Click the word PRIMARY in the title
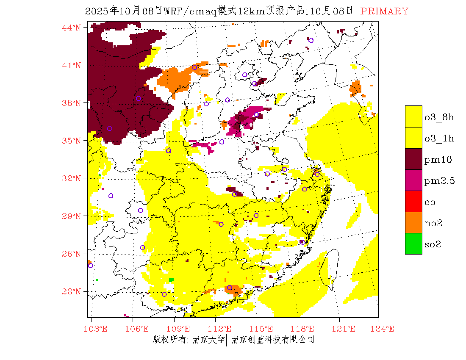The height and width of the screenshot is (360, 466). (x=384, y=11)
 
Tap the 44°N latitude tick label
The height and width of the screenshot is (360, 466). (x=71, y=28)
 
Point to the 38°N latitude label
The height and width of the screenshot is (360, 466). (x=71, y=103)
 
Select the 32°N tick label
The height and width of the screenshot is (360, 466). (x=71, y=178)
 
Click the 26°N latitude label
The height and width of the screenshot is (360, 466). (x=71, y=254)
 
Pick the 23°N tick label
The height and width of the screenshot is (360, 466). (x=71, y=291)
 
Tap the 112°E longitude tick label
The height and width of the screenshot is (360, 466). (x=222, y=329)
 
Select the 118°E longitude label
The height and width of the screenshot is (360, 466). (x=305, y=329)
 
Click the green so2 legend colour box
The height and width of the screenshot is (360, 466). (x=413, y=244)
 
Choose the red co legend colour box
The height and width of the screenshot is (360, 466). (x=413, y=202)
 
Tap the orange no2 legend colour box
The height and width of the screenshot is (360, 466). (x=413, y=223)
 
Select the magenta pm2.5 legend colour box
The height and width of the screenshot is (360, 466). (x=413, y=180)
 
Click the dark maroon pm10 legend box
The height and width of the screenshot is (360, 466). (x=413, y=159)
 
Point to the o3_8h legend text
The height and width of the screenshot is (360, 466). (x=439, y=117)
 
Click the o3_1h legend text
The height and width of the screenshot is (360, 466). (x=439, y=138)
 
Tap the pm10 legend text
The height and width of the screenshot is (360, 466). (x=438, y=160)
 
